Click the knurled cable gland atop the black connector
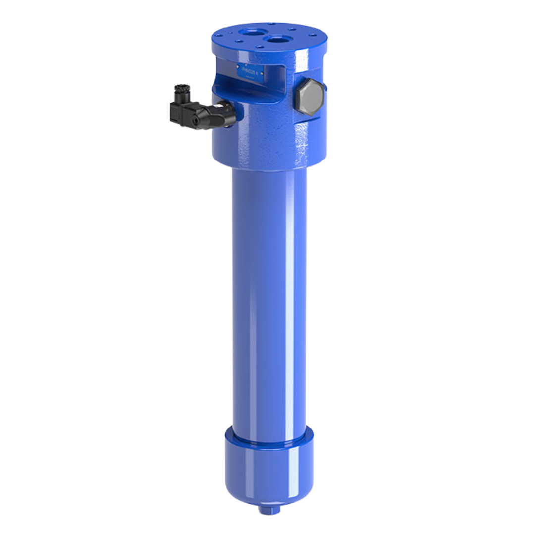[181, 91]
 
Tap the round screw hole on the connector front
[197, 120]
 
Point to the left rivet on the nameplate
[238, 66]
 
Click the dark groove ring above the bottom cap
[269, 438]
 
